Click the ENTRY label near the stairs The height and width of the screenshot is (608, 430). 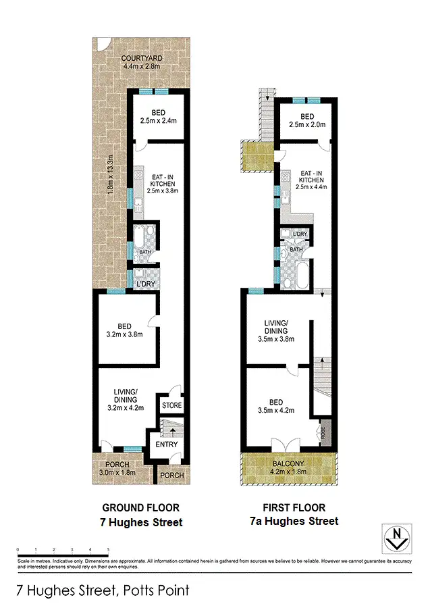point(166,444)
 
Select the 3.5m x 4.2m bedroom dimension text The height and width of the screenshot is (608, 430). point(276,410)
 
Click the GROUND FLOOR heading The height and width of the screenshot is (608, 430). point(141,507)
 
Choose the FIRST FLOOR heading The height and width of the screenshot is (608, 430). point(294,507)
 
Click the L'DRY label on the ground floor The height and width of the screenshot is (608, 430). point(146,284)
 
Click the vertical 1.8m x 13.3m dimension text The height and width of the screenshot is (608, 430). point(111,175)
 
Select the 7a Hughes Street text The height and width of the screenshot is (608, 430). point(294,521)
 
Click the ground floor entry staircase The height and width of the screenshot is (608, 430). point(168,427)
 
